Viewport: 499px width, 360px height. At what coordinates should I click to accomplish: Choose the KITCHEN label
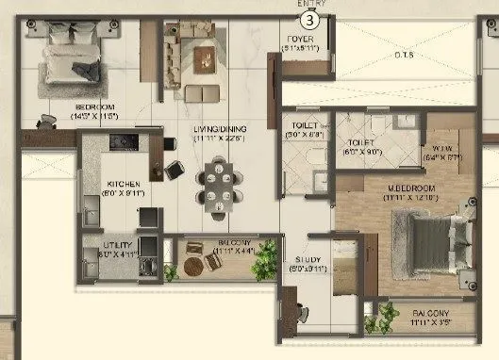coord(124,184)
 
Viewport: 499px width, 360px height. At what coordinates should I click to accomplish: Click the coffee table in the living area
coord(203,58)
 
